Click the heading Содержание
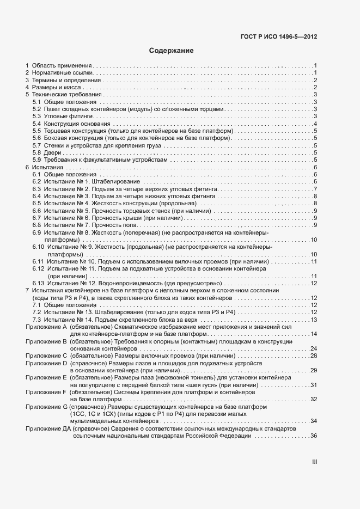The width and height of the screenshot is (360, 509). (172, 51)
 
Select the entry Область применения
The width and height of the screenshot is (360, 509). (62, 65)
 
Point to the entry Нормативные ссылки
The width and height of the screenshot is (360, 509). (64, 72)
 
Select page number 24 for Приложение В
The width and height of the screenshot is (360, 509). (313, 348)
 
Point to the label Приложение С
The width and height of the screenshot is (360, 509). (46, 355)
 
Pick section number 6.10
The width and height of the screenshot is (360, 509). (38, 247)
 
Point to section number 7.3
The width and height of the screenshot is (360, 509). (36, 320)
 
